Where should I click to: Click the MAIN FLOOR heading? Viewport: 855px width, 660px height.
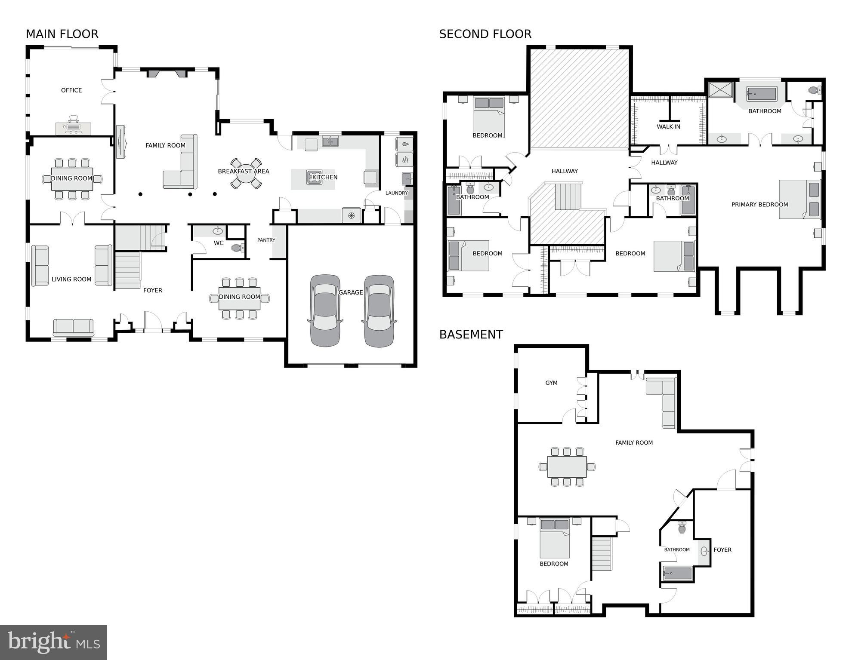coord(62,34)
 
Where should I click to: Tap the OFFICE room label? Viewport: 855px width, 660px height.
coord(71,90)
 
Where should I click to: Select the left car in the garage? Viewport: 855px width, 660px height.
coord(325,310)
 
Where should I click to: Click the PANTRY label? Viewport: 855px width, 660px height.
coord(266,240)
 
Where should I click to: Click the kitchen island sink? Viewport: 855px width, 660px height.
coord(314,177)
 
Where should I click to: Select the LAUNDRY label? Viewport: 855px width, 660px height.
coord(396,193)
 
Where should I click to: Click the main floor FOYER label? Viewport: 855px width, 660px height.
coord(153,291)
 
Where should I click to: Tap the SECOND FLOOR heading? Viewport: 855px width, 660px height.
coord(485,34)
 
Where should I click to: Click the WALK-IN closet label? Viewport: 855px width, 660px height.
coord(668,127)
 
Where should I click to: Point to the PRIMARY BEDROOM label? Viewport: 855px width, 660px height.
coord(759,205)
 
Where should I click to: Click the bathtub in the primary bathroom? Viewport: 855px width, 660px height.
coord(761,94)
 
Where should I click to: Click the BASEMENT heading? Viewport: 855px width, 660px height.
coord(471,335)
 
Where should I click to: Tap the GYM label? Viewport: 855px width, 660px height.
coord(551,383)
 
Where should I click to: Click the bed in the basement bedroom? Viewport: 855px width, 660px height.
coord(555,539)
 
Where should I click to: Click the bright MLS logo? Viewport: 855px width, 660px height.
coord(53,642)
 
